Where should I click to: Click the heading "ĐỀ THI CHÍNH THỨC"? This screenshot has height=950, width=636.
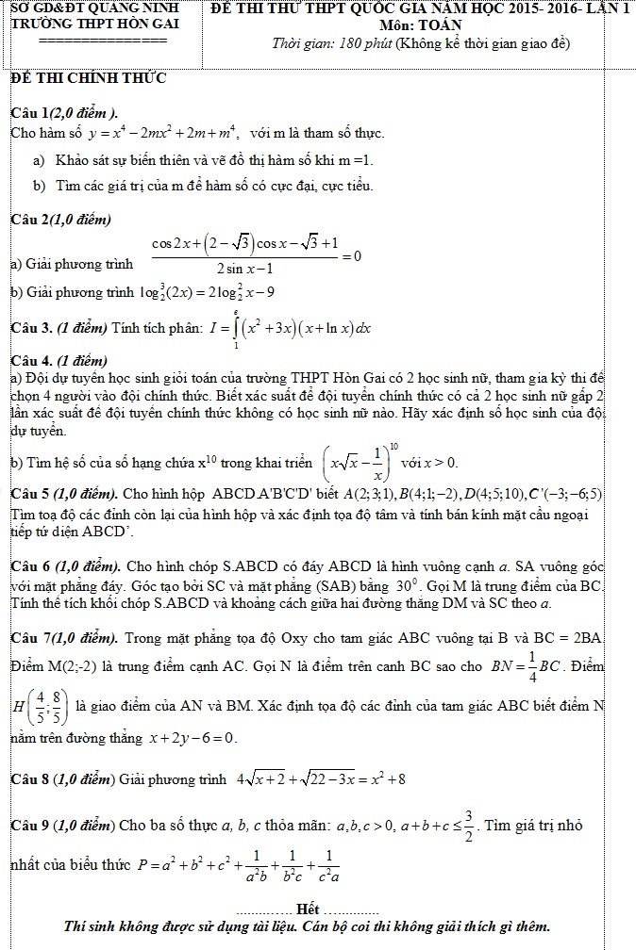(x=88, y=78)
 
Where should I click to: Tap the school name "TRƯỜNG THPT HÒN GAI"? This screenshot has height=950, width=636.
(x=90, y=26)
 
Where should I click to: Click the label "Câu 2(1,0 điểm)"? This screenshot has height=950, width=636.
(x=60, y=220)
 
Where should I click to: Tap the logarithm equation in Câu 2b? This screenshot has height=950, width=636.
(x=207, y=292)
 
